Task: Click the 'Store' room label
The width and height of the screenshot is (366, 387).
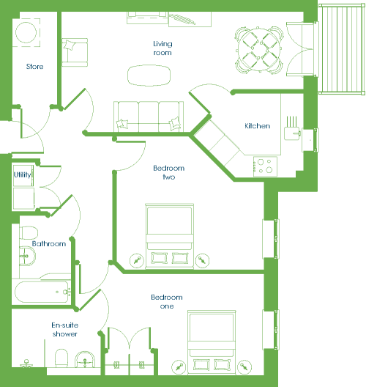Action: pyautogui.click(x=34, y=67)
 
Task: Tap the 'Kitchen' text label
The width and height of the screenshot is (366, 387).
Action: pyautogui.click(x=258, y=126)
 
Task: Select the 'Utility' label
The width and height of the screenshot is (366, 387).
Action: pyautogui.click(x=23, y=175)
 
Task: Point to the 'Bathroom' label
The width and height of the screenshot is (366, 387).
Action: pyautogui.click(x=49, y=243)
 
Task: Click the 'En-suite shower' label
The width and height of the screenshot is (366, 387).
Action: pyautogui.click(x=65, y=330)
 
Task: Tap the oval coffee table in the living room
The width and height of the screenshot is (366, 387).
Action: pyautogui.click(x=149, y=75)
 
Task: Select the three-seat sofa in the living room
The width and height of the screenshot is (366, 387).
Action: pyautogui.click(x=149, y=117)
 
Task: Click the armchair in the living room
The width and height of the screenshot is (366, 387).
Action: pyautogui.click(x=75, y=52)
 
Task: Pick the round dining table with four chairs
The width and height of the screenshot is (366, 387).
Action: pyautogui.click(x=259, y=50)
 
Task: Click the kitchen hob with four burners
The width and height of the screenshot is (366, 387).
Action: pyautogui.click(x=265, y=166)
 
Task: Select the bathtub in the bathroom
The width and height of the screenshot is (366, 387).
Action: pyautogui.click(x=42, y=292)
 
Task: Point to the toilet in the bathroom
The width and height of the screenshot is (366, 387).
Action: pyautogui.click(x=29, y=233)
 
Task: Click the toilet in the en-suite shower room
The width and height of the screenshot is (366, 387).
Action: pyautogui.click(x=61, y=358)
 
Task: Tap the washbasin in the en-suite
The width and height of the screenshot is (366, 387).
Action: pyautogui.click(x=85, y=360)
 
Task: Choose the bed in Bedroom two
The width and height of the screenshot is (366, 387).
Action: pyautogui.click(x=169, y=236)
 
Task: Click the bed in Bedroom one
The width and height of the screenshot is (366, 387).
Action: pyautogui.click(x=212, y=342)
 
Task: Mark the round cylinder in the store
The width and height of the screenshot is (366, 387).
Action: pyautogui.click(x=26, y=32)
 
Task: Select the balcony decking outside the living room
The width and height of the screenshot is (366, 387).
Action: pyautogui.click(x=342, y=49)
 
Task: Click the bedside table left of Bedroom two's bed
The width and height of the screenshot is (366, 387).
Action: pyautogui.click(x=137, y=260)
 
